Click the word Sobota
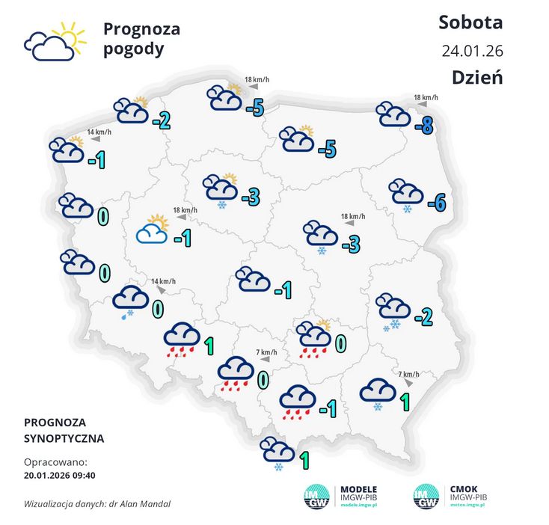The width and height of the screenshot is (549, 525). click(470, 22)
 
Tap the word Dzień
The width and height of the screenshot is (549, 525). click(476, 77)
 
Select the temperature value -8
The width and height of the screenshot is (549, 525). click(426, 126)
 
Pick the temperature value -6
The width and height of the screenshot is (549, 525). click(436, 202)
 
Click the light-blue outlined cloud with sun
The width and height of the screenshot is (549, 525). click(152, 230)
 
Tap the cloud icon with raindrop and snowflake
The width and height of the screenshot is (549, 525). click(129, 301)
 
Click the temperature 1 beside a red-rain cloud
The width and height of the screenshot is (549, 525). click(209, 346)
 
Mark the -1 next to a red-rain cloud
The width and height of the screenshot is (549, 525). click(327, 408)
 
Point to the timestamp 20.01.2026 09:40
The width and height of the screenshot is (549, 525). click(64, 475)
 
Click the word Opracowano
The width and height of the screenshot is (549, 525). click(55, 462)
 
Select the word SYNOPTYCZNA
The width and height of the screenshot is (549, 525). click(64, 438)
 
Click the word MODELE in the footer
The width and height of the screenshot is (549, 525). click(359, 488)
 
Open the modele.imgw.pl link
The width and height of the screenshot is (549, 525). click(361, 506)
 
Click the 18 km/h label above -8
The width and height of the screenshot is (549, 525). click(426, 97)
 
